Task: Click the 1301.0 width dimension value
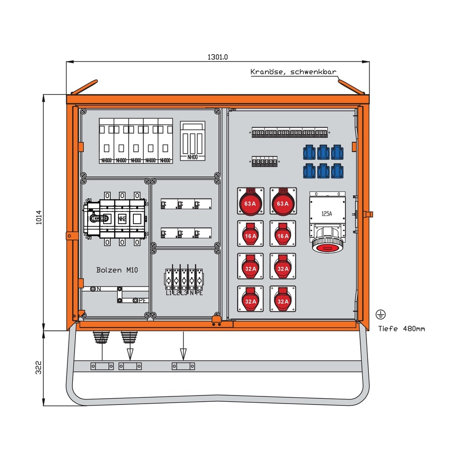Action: coord(217,57)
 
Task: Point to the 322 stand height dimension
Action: coord(38,368)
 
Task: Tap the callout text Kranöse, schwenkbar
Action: coord(293,72)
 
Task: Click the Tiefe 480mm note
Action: coord(401,329)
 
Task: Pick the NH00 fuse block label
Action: coord(193,156)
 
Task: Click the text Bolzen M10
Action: coord(117,270)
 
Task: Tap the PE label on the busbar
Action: coord(142,300)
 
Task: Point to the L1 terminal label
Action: coord(169,293)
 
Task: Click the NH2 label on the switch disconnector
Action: coord(122,219)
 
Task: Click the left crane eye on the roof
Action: coord(83,87)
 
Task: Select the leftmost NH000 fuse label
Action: coord(106,160)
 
